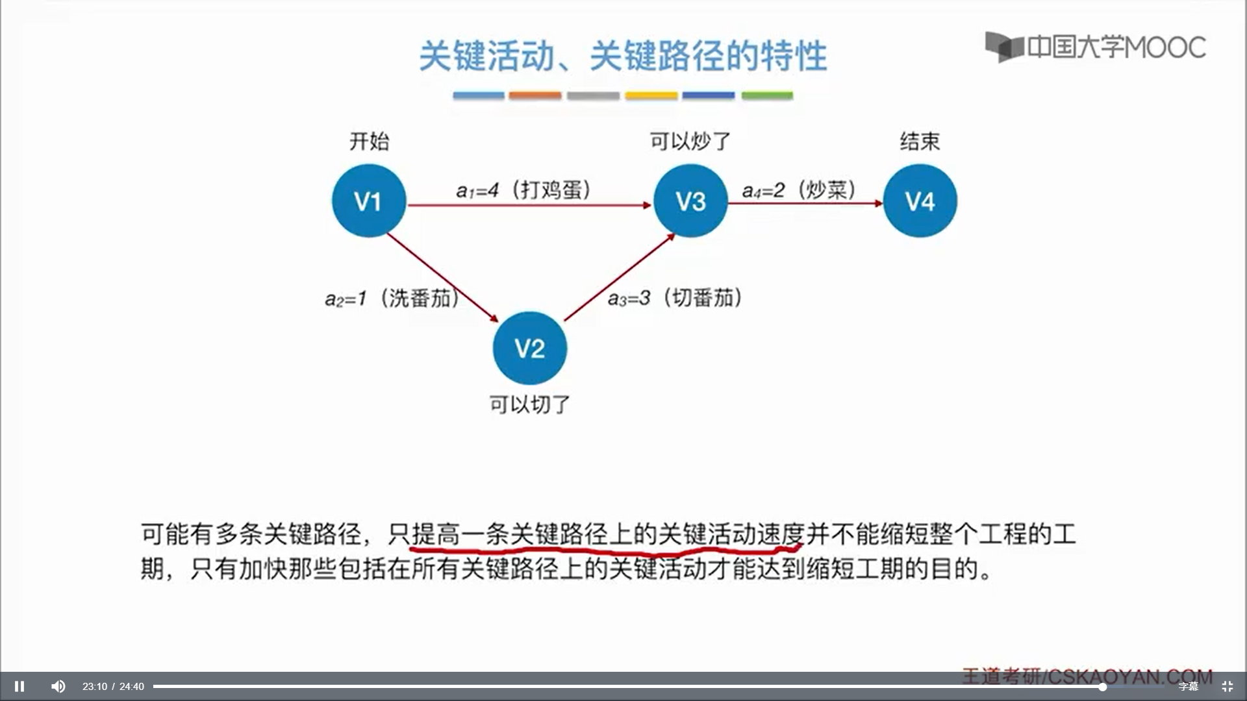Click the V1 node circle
coord(368,201)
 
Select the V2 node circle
coord(529,349)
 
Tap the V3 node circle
coord(690,201)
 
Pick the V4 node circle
coord(920,201)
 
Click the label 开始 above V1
coord(369,141)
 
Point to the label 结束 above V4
coord(920,141)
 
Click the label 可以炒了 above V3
coord(690,141)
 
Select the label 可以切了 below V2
coord(529,404)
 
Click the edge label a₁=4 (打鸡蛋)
coord(523,190)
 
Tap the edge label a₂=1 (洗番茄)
coord(392,299)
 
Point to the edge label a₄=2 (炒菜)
coord(799,190)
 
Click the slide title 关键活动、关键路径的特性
coord(622,56)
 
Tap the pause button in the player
coord(19,686)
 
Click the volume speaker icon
coord(58,686)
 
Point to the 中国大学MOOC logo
coord(1095,47)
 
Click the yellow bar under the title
coord(651,95)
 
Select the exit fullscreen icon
coord(1227,686)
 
